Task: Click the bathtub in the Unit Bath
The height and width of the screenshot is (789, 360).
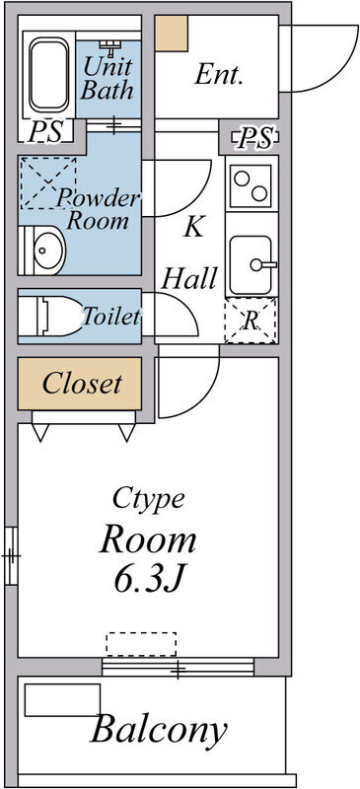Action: [46, 75]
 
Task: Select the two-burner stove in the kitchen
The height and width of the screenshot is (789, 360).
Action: [252, 181]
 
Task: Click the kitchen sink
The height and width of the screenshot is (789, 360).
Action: [252, 263]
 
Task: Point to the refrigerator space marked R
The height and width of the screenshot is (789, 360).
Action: [251, 322]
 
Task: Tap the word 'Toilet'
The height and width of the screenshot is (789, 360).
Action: [110, 318]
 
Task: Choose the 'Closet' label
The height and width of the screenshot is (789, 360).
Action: [82, 383]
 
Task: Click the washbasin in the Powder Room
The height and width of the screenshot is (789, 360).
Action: [43, 251]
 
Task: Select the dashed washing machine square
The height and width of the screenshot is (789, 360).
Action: [46, 181]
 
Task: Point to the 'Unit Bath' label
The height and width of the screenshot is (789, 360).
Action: [108, 80]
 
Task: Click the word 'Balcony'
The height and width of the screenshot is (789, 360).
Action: [159, 731]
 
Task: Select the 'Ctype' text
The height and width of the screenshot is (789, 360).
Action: [148, 497]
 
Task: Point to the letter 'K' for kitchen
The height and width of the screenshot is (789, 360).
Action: [193, 227]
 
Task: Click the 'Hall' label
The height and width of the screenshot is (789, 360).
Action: [188, 278]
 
